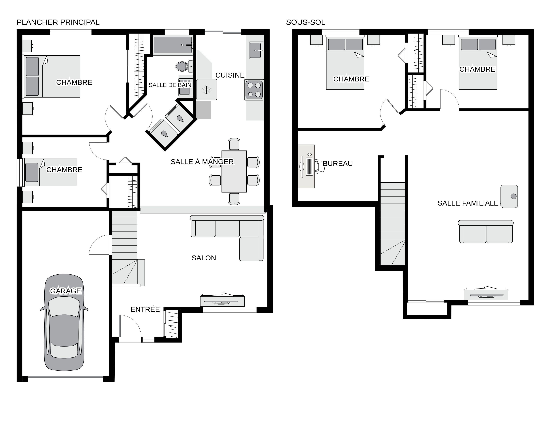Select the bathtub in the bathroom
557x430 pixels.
point(173,45)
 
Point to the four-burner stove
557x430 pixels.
point(254,90)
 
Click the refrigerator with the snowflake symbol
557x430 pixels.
point(207,90)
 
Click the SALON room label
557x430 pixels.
point(204,258)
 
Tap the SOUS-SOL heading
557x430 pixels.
point(306,22)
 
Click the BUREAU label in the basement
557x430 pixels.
point(338,164)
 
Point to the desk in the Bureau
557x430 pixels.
point(306,166)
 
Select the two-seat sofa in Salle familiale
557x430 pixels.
point(486,232)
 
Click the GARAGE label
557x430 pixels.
point(65,291)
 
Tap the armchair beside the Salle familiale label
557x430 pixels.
point(509,196)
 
